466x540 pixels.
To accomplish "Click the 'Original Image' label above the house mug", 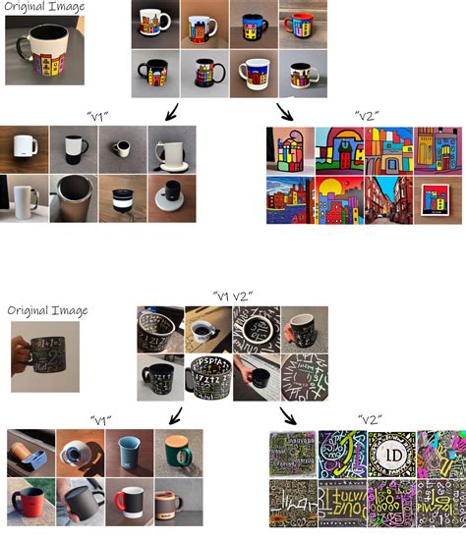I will (44, 7).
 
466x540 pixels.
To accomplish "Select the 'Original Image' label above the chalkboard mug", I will (47, 310).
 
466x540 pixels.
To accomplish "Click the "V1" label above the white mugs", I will (97, 115).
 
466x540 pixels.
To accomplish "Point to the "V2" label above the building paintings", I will (366, 115).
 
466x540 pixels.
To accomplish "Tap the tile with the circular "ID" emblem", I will (390, 454).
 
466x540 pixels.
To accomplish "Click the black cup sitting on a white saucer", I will (172, 199).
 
